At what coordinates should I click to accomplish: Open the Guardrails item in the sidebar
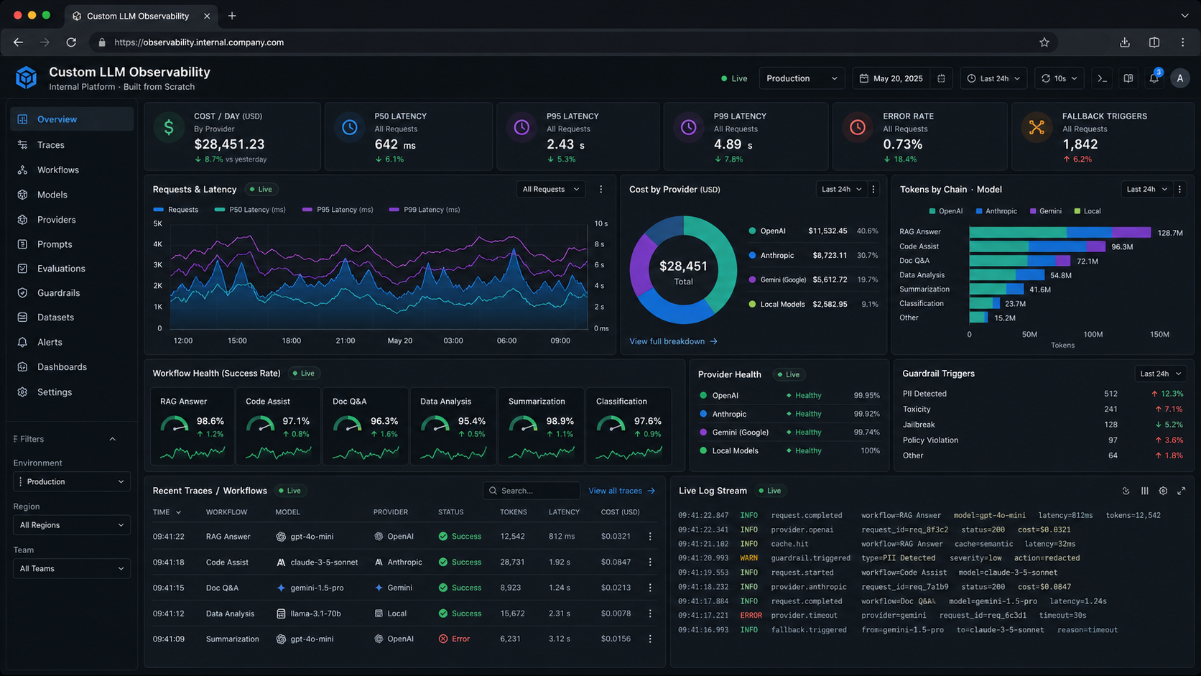point(57,293)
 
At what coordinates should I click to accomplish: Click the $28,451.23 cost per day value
point(229,144)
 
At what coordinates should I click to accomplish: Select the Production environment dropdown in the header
point(802,78)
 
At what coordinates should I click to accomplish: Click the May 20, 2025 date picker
point(897,78)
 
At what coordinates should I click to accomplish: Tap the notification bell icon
point(1154,78)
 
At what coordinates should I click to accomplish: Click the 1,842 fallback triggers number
point(1080,144)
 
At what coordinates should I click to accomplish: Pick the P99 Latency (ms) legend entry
point(431,210)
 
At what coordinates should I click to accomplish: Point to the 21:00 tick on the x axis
point(346,341)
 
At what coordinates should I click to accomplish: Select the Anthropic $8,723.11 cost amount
point(830,255)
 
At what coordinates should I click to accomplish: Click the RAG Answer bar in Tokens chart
point(1059,232)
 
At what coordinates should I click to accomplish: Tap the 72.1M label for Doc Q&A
point(1088,261)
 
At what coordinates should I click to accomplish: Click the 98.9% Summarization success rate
point(559,421)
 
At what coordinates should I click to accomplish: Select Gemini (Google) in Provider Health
point(740,432)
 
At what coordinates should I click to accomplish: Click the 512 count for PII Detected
point(1110,394)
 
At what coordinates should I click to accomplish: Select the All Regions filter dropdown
point(71,525)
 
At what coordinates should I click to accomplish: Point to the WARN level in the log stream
point(748,558)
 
